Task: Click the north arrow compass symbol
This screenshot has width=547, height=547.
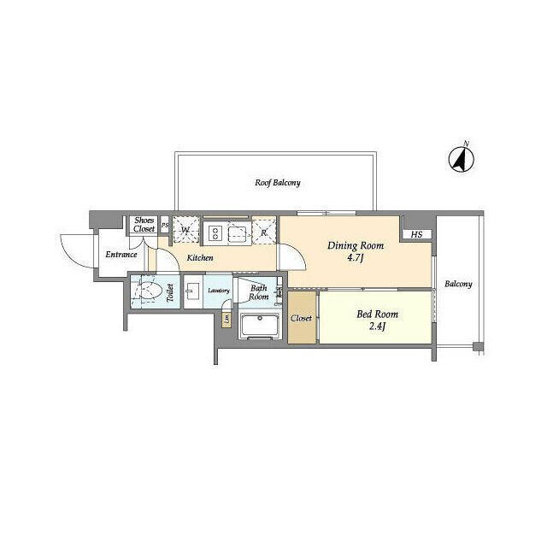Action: tap(463, 158)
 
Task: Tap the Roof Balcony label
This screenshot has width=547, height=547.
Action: tap(277, 183)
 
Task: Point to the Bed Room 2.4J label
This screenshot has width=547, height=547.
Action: tap(377, 319)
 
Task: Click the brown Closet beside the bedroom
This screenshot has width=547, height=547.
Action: tap(302, 318)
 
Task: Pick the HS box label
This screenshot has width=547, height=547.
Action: tap(416, 235)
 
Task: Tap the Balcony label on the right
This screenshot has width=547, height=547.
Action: tap(457, 284)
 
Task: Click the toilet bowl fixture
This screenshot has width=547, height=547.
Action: tap(150, 291)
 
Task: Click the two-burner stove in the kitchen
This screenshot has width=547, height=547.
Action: tap(214, 231)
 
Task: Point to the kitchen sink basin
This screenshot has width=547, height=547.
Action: tap(238, 231)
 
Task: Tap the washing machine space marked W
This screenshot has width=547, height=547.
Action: tap(185, 230)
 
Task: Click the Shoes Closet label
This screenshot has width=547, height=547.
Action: tap(144, 225)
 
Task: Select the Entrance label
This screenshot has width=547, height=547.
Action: tap(121, 255)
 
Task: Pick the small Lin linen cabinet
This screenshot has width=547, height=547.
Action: tap(226, 320)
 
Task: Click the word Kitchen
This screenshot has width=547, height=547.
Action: tap(200, 257)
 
